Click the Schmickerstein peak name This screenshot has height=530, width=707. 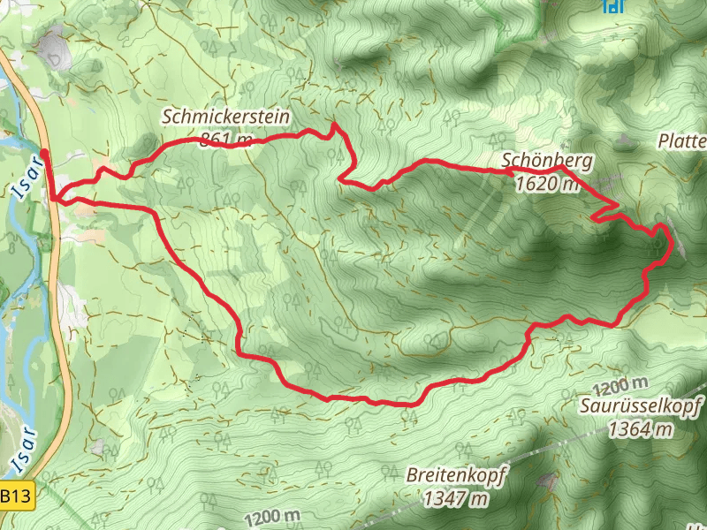[226, 116]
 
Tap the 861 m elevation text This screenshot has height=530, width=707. [226, 139]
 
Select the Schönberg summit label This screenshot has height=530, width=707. [546, 161]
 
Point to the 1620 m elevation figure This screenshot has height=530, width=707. [546, 184]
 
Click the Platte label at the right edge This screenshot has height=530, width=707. [682, 141]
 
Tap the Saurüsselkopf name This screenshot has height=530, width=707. [642, 406]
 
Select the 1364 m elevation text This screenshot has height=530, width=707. [642, 429]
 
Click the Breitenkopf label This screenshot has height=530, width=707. [456, 475]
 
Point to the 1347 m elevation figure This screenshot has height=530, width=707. [456, 498]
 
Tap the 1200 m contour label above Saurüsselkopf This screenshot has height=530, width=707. [620, 386]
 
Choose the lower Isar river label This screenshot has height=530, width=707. [24, 448]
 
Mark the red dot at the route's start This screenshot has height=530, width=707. [44, 151]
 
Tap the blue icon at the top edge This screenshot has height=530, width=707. [609, 6]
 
